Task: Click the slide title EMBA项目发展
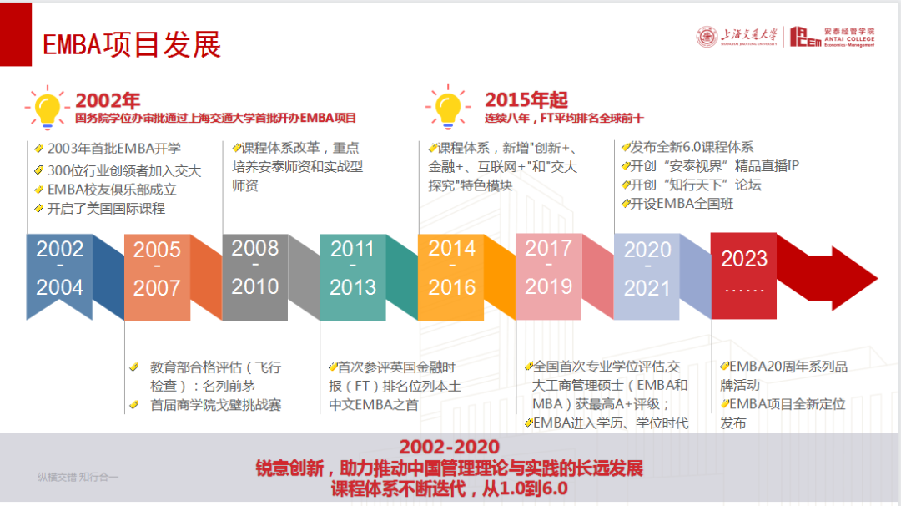pyautogui.click(x=132, y=44)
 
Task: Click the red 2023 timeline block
pyautogui.click(x=743, y=276)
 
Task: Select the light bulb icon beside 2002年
pyautogui.click(x=47, y=108)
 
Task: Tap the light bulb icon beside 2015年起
pyautogui.click(x=448, y=107)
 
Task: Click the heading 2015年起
pyautogui.click(x=526, y=99)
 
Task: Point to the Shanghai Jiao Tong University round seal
pyautogui.click(x=707, y=37)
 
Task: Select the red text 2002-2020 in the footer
pyautogui.click(x=450, y=447)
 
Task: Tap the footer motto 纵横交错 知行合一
pyautogui.click(x=78, y=477)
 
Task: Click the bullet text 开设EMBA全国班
pyautogui.click(x=682, y=204)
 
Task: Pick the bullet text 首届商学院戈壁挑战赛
pyautogui.click(x=215, y=405)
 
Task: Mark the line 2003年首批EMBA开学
pyautogui.click(x=113, y=149)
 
